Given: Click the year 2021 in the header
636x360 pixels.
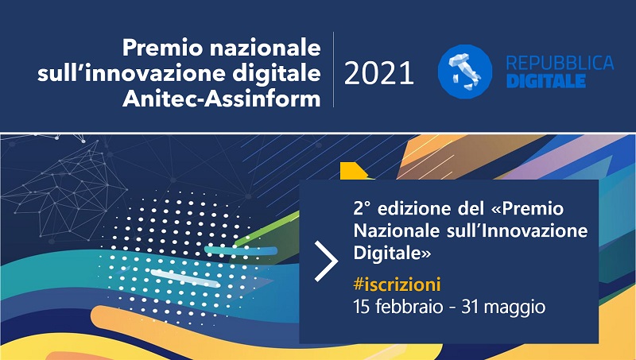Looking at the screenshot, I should click(379, 74).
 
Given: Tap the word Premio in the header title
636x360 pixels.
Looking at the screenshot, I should click(156, 48).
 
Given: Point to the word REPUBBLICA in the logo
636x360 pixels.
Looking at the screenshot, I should click(560, 64).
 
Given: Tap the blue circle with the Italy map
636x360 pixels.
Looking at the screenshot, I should click(465, 72).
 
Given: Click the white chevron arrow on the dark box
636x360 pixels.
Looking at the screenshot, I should click(325, 261).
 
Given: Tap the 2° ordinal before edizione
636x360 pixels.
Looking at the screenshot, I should click(362, 209).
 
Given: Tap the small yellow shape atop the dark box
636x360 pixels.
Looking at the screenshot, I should click(351, 171).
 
